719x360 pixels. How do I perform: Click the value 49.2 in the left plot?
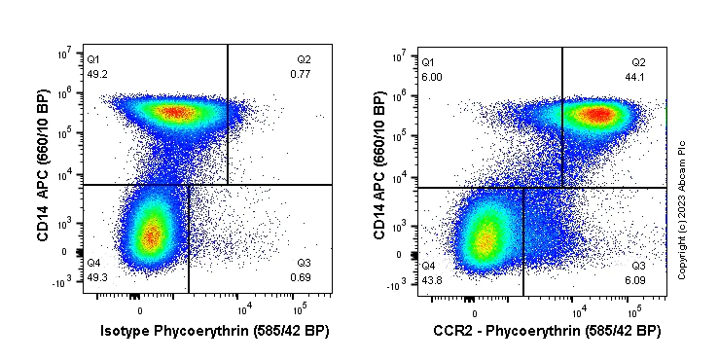95,73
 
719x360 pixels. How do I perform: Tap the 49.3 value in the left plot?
95,278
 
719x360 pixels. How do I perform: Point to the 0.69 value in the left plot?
300,278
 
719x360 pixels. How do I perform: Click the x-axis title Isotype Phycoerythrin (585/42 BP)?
215,332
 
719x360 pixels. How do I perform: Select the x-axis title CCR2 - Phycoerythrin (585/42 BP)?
548,332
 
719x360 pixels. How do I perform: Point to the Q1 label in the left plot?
92,59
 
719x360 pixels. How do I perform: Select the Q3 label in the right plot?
638,266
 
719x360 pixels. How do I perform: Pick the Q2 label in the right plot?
638,62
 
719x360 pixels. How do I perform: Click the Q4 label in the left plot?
93,264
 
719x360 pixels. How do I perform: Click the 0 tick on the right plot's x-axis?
474,313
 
